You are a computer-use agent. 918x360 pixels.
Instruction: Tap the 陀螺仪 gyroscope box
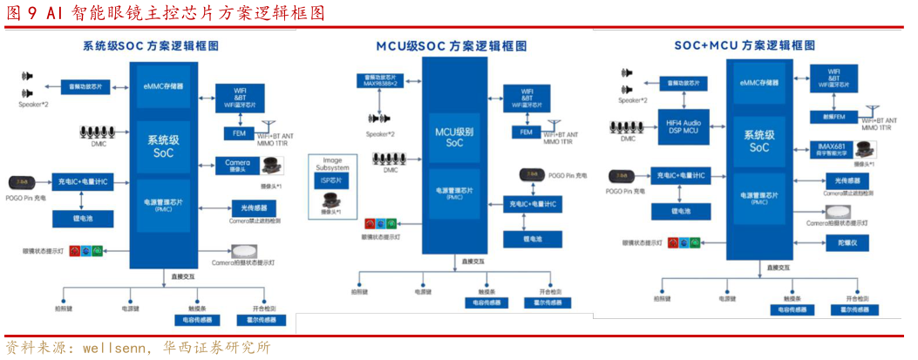coord(848,241)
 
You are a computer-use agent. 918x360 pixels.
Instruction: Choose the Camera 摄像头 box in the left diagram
coord(237,165)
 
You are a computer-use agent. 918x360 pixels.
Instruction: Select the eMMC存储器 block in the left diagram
coord(164,85)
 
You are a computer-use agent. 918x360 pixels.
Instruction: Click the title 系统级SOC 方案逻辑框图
coord(150,46)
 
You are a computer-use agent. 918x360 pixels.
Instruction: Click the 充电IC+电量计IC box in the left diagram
coord(81,181)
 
